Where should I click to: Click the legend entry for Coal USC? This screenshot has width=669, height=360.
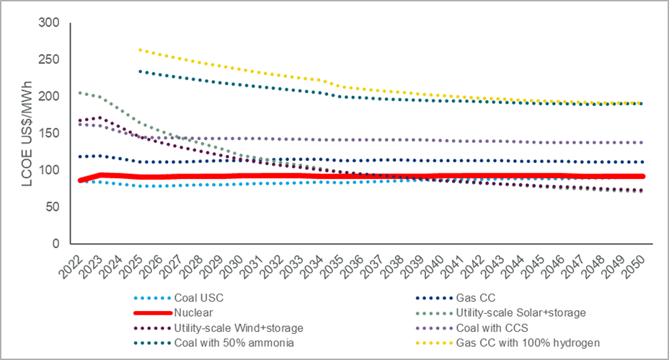pyautogui.click(x=195, y=297)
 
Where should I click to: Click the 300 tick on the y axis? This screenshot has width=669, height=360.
pyautogui.click(x=49, y=23)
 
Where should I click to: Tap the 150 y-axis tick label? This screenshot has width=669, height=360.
pyautogui.click(x=49, y=133)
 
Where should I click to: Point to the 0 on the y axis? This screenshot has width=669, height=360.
pyautogui.click(x=55, y=244)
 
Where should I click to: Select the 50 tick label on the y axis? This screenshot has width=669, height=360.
pyautogui.click(x=52, y=207)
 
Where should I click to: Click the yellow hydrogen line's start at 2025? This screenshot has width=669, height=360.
pyautogui.click(x=140, y=50)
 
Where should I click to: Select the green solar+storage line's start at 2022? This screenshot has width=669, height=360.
pyautogui.click(x=79, y=92)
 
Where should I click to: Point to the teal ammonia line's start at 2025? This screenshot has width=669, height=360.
pyautogui.click(x=140, y=71)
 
